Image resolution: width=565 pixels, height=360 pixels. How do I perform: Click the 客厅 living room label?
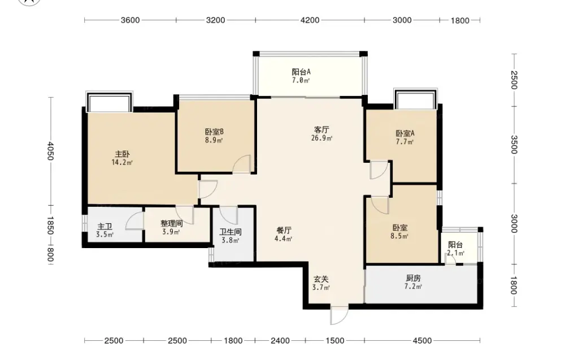click(x=321, y=129)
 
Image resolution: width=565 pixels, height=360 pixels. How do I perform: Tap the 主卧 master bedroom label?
click(x=122, y=154)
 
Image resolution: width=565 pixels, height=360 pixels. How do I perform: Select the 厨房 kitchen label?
click(x=413, y=278)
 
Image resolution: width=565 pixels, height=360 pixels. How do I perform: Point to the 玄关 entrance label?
click(x=321, y=279)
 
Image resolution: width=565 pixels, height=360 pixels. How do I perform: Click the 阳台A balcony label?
click(x=301, y=72)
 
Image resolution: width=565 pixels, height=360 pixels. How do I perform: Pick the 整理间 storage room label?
click(x=172, y=223)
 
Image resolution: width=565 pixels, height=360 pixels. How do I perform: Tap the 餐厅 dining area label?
click(x=284, y=230)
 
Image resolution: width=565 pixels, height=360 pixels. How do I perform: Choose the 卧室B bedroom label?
click(x=214, y=132)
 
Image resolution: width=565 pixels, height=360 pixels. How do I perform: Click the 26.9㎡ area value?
click(x=321, y=138)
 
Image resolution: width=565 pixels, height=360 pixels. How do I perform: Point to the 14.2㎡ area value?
click(x=122, y=163)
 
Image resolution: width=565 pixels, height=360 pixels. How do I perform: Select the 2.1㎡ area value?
click(x=455, y=253)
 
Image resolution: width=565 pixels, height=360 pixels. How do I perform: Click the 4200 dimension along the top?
click(x=310, y=20)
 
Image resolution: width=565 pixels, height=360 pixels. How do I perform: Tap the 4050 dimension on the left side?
click(x=50, y=151)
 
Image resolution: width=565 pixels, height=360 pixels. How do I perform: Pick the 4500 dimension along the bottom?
click(x=422, y=341)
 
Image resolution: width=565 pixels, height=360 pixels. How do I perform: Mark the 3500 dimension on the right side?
click(x=514, y=145)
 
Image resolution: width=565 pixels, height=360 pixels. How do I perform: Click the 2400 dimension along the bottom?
click(x=280, y=341)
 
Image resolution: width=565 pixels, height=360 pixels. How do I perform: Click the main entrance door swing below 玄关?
click(x=339, y=315)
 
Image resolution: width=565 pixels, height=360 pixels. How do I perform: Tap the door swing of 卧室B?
click(x=242, y=164)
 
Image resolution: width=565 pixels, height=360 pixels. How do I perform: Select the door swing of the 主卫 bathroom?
click(x=135, y=220)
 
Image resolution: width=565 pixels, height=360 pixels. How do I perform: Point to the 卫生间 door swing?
click(x=228, y=216)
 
